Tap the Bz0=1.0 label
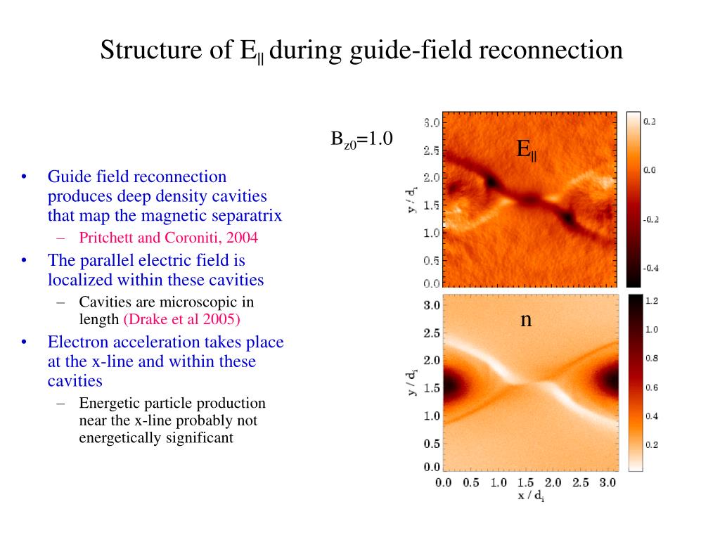(x=361, y=139)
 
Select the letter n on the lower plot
(x=526, y=320)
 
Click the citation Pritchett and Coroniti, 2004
(x=169, y=238)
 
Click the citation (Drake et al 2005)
(x=182, y=320)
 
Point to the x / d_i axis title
(x=531, y=496)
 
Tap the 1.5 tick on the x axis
(x=525, y=483)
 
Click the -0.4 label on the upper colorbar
(x=651, y=268)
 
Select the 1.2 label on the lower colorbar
(x=652, y=301)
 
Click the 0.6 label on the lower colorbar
(x=652, y=387)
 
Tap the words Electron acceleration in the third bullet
(x=120, y=342)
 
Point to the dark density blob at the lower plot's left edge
(x=454, y=384)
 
